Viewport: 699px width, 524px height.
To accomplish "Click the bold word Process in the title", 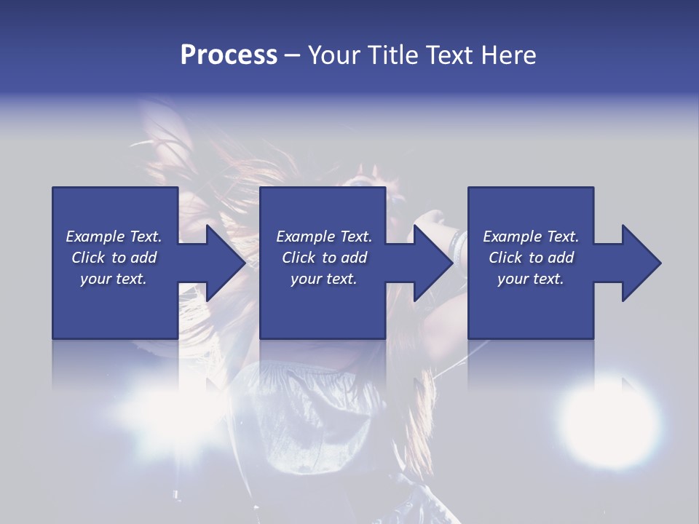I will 229,55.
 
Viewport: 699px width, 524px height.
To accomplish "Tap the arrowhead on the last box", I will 639,263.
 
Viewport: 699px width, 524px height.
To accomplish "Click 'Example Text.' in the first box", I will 114,237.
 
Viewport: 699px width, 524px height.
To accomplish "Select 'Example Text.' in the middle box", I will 324,237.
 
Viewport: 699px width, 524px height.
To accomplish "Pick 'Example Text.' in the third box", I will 531,237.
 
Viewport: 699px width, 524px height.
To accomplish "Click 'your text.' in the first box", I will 114,279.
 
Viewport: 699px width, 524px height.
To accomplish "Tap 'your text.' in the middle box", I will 324,279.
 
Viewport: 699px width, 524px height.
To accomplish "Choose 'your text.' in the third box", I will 531,279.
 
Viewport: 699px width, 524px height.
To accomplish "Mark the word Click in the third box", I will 505,258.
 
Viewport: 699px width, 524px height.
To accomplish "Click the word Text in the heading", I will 448,55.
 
